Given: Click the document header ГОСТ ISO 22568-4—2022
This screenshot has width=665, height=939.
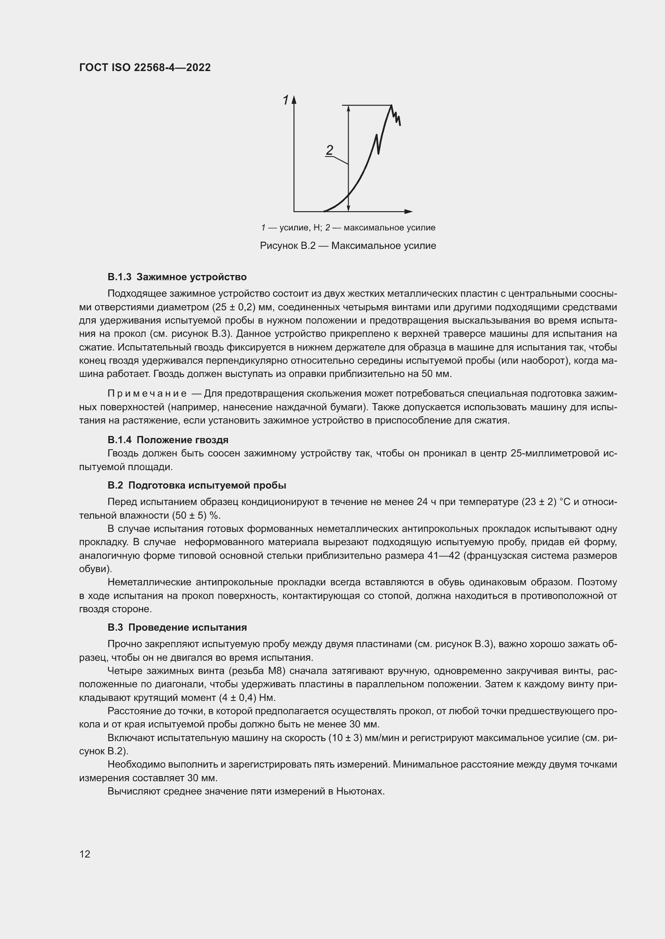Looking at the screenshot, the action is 145,67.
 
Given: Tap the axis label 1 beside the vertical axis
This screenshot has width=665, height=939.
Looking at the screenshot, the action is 286,100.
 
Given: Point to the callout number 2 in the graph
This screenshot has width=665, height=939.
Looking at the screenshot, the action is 330,150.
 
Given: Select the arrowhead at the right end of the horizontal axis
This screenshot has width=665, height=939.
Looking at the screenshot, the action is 408,212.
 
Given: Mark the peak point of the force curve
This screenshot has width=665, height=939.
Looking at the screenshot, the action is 392,106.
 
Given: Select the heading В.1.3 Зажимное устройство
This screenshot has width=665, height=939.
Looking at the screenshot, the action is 177,277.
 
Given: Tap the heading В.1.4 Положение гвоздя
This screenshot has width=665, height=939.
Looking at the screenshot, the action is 168,440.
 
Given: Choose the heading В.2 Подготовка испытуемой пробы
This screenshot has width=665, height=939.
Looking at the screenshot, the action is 197,485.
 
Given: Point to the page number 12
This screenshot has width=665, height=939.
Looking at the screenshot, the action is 85,854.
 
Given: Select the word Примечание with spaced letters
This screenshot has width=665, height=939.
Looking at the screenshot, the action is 147,393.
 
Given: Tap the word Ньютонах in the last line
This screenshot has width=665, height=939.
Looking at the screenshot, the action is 360,791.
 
